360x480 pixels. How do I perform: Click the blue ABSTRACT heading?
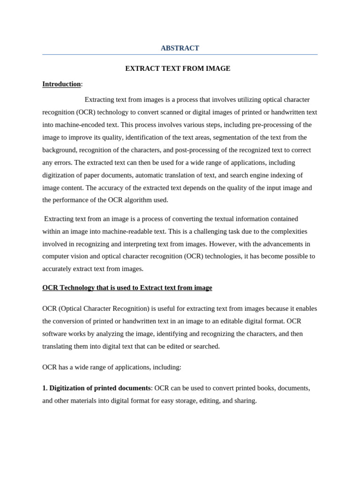click(x=180, y=48)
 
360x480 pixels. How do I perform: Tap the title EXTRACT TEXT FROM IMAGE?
click(x=178, y=68)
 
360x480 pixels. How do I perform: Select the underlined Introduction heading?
click(x=61, y=84)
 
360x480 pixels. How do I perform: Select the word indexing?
click(x=287, y=175)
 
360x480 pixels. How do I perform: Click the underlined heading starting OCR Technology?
click(x=127, y=288)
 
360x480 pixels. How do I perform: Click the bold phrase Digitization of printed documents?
click(x=100, y=388)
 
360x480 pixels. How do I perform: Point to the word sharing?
click(x=245, y=401)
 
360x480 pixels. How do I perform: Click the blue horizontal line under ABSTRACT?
click(x=180, y=55)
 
